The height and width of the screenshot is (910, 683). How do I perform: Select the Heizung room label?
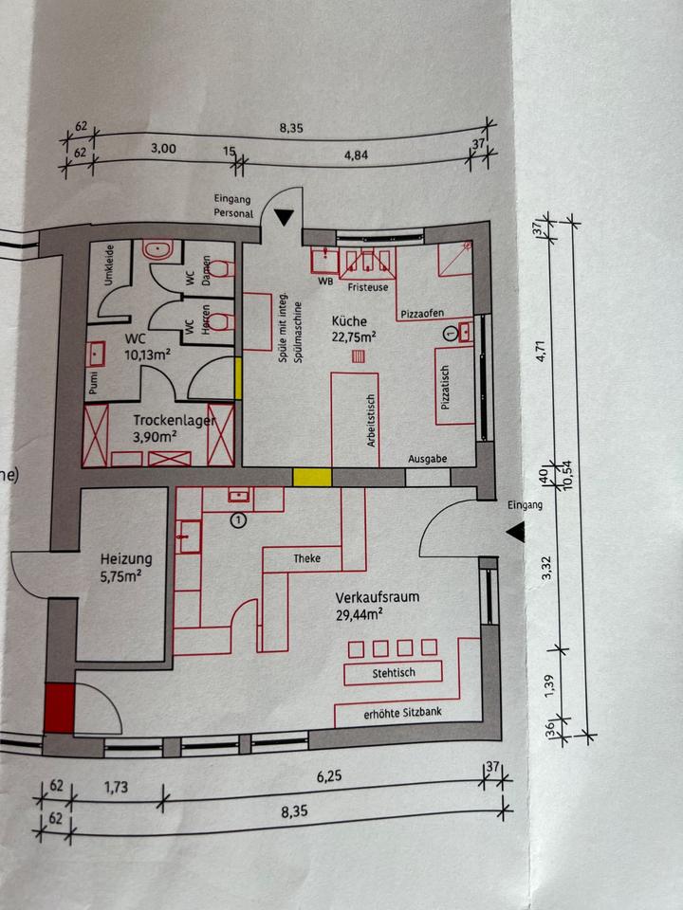(x=124, y=559)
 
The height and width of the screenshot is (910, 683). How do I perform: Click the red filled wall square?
(x=59, y=707)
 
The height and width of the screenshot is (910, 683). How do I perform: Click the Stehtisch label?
(x=393, y=672)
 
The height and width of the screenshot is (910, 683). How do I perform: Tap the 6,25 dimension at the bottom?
(x=328, y=775)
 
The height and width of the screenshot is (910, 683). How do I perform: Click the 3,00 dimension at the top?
(x=163, y=149)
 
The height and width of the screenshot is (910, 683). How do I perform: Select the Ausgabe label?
(x=427, y=459)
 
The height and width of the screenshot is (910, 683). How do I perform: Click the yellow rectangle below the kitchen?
(x=310, y=477)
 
